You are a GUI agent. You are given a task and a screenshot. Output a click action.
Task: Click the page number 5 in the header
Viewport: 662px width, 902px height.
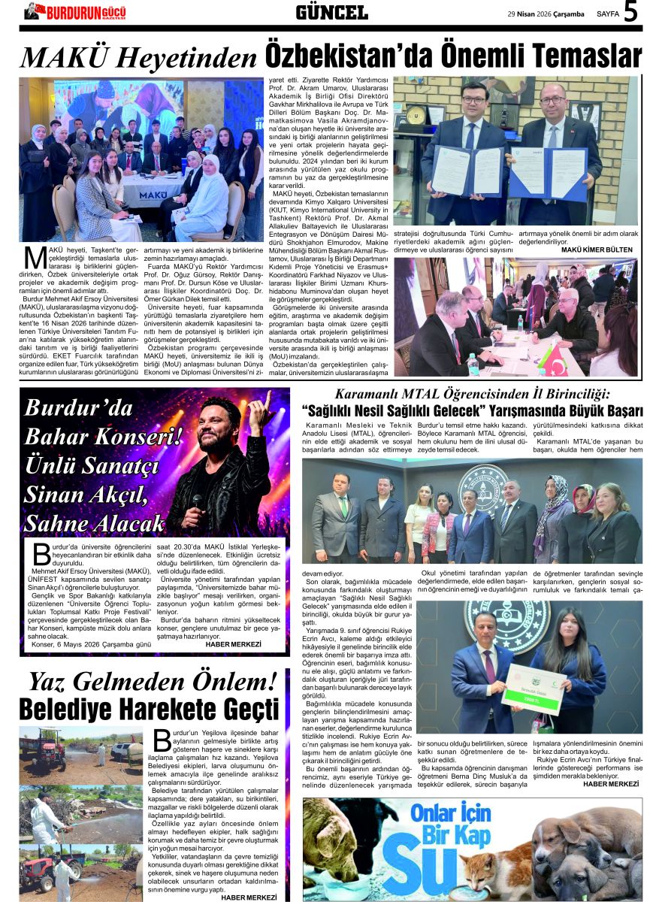[631, 13]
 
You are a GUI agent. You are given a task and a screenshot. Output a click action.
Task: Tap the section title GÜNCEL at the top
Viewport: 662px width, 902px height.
[331, 12]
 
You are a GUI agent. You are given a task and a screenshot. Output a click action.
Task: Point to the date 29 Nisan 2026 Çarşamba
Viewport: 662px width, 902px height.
[546, 14]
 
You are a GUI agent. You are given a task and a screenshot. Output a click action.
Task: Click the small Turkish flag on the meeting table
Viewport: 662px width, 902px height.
[554, 361]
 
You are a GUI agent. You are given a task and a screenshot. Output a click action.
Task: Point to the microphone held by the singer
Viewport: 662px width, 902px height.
[198, 502]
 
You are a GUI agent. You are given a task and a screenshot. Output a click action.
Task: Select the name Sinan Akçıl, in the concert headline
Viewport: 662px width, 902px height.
[97, 495]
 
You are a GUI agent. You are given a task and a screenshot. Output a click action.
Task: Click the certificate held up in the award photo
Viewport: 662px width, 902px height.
[534, 685]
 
